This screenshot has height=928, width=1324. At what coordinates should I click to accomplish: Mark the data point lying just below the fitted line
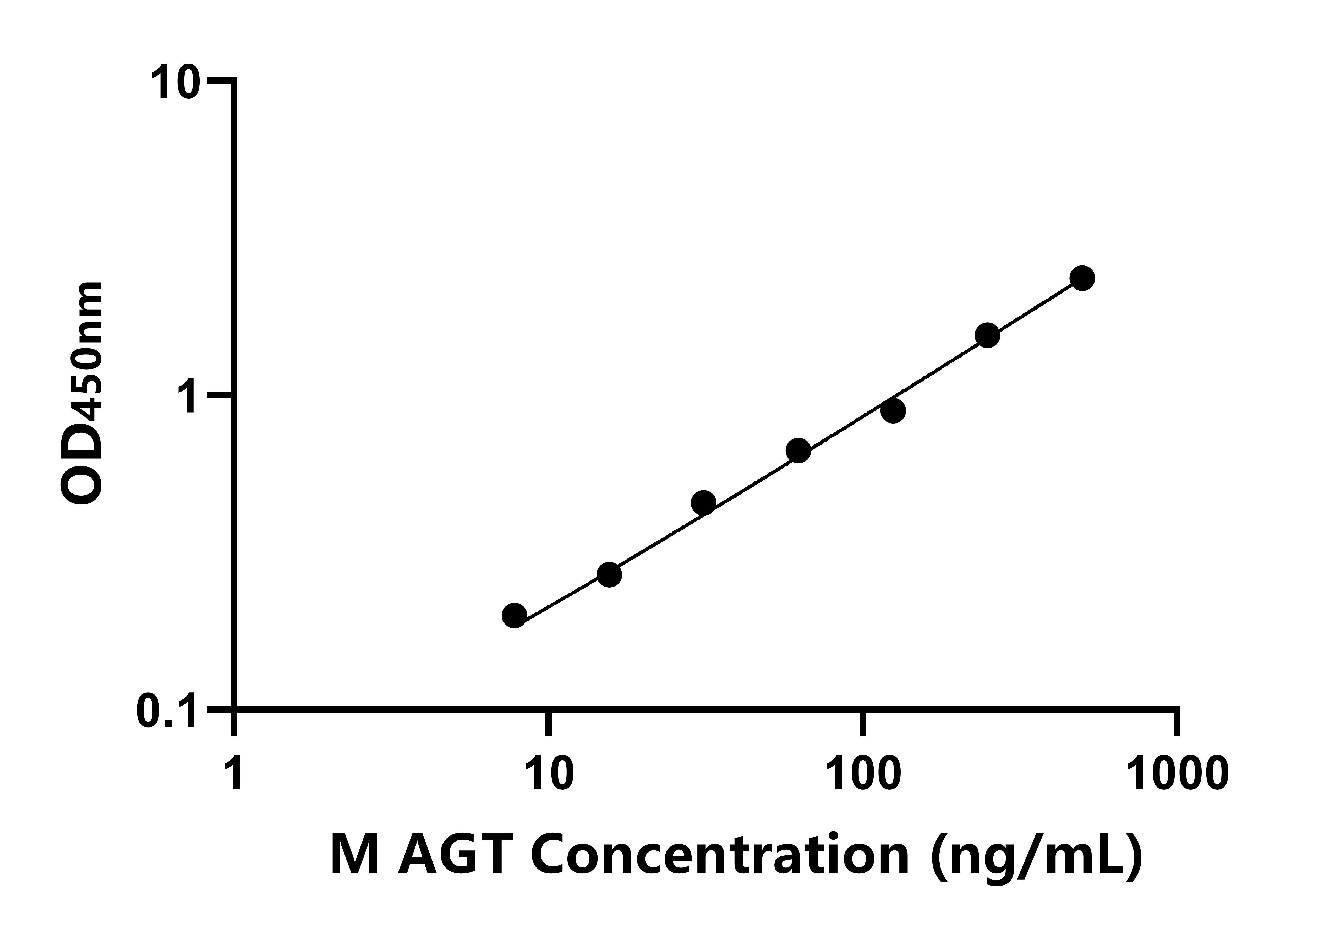[x=893, y=411]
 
